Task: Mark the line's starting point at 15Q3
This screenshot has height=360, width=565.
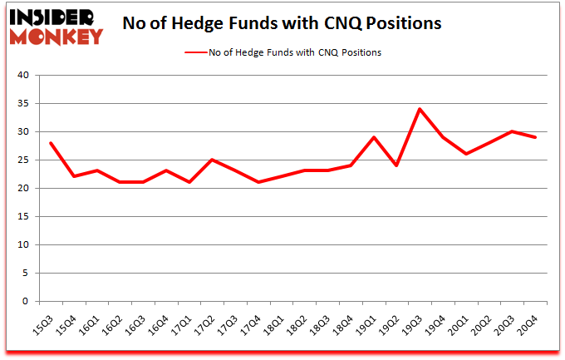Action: point(52,143)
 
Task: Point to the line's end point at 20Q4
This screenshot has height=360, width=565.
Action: point(535,137)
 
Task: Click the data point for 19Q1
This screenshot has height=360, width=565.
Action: point(374,137)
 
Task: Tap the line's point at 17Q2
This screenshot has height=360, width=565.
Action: point(213,160)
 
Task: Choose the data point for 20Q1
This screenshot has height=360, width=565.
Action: point(466,154)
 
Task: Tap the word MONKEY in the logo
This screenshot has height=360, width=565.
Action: point(56,36)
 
